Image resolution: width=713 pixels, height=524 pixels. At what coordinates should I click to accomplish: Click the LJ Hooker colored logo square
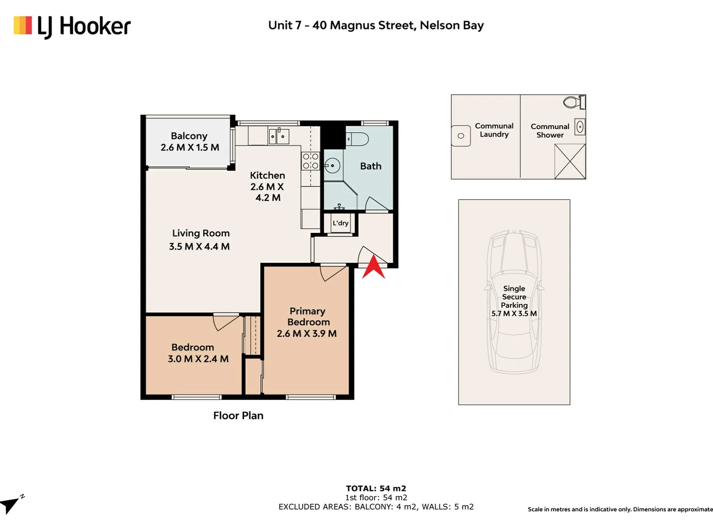pos(23,25)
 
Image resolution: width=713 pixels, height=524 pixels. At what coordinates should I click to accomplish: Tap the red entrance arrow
pos(373,269)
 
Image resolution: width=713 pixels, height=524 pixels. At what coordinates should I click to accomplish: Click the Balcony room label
pos(189,136)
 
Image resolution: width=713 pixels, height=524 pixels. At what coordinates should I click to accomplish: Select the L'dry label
pos(340,223)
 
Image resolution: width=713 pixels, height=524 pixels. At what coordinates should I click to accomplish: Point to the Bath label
pos(371,166)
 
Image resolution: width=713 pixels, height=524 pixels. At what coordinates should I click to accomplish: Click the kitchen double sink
pos(278,136)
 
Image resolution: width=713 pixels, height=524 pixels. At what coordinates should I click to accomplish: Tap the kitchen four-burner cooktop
pos(310,161)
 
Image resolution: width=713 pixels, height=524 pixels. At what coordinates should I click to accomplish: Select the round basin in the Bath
pos(332,165)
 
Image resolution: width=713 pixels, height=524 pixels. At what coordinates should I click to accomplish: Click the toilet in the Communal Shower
pos(574,102)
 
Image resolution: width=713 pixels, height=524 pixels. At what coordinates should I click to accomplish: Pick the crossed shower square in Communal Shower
pos(570,161)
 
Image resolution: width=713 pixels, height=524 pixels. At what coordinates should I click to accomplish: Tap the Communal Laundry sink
pos(460,136)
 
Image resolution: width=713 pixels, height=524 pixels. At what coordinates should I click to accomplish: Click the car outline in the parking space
pos(514,302)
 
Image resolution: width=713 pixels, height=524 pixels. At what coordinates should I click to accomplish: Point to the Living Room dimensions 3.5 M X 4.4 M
pos(199,246)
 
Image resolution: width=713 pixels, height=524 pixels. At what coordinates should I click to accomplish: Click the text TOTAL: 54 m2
pos(376,489)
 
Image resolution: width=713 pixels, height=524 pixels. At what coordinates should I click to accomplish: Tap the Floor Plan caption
pos(238,416)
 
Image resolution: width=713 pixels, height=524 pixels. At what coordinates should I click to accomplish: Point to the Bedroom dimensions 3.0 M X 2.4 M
pos(198,359)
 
